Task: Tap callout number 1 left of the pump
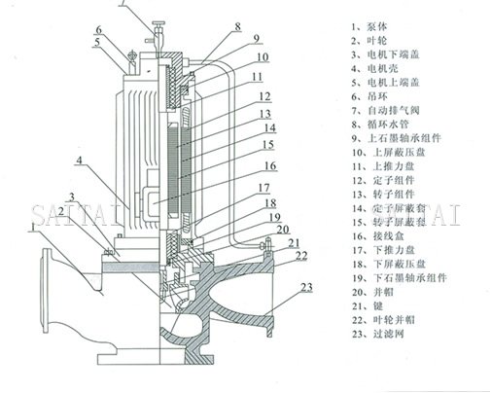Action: point(35,225)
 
